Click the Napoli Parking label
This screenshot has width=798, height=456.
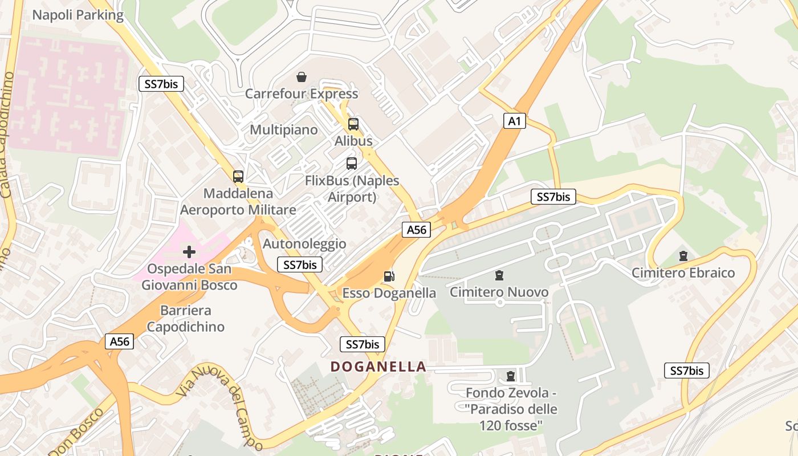(x=78, y=15)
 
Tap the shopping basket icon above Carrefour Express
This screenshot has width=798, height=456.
(x=302, y=77)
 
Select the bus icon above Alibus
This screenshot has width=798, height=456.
(x=353, y=124)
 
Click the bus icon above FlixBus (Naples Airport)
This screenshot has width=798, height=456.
(x=352, y=164)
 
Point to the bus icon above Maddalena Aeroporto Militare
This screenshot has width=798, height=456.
(x=238, y=177)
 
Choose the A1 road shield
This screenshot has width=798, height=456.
(x=514, y=121)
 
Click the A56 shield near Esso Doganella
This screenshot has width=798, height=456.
(x=416, y=230)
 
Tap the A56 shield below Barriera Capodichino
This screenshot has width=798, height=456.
(x=120, y=341)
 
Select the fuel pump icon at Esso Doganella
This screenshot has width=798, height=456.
(x=389, y=276)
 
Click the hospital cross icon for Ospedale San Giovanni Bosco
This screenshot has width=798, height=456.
(x=189, y=252)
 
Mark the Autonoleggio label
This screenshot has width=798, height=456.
(x=304, y=244)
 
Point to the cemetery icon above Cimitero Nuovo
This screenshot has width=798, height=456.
(x=499, y=276)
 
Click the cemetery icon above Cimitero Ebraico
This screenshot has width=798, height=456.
(x=683, y=256)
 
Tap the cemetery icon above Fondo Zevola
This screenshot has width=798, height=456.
(x=510, y=376)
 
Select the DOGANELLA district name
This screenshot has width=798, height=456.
(x=378, y=367)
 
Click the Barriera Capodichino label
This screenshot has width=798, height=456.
(x=186, y=319)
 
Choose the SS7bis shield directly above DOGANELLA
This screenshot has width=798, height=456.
(x=363, y=344)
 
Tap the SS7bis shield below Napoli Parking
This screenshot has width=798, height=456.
(x=161, y=84)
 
